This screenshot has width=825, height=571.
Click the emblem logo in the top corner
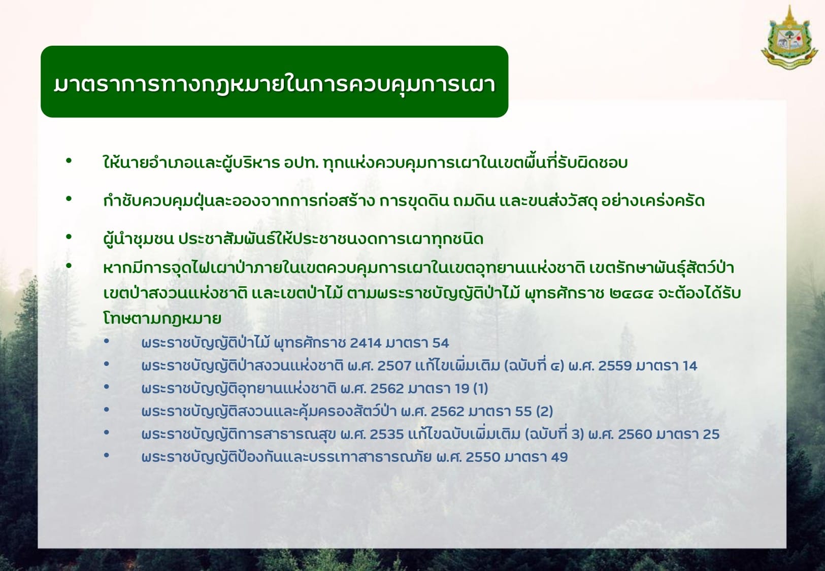coord(789,38)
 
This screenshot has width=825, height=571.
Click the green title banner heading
coord(274,84)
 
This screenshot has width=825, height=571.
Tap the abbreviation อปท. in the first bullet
coord(301,163)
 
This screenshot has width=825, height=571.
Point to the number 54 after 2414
coord(441,343)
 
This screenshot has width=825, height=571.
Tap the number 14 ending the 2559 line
coord(690,366)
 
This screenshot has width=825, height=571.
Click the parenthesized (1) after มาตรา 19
coord(481,389)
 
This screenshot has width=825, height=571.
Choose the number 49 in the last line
coord(559,457)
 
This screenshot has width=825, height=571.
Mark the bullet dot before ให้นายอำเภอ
coord(69,161)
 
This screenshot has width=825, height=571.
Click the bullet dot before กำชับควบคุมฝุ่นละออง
coord(69,199)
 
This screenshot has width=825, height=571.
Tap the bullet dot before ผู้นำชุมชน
coord(69,237)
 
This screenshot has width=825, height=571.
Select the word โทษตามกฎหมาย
coord(162,318)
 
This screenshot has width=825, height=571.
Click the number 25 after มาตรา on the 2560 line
coord(711,434)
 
